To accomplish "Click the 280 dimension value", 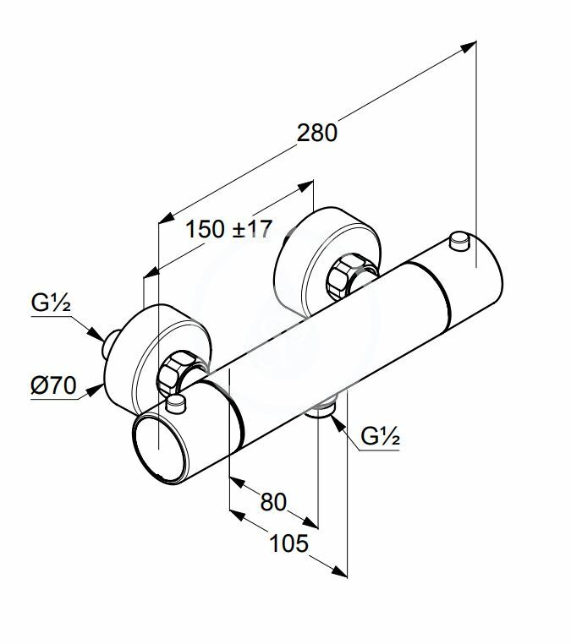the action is click(316, 133).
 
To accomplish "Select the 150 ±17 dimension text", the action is click(229, 229).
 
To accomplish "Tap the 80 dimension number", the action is click(273, 502).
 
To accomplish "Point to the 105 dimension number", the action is click(288, 543).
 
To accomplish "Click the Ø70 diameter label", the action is click(53, 385).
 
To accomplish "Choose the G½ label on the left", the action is click(51, 303).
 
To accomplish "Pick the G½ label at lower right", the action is click(380, 436).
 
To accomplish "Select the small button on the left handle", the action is click(176, 404).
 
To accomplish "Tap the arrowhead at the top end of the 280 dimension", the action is click(469, 46).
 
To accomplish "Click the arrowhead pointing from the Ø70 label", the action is click(96, 390).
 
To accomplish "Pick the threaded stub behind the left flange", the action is click(109, 344).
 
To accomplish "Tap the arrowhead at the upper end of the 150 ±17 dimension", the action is click(305, 186).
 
